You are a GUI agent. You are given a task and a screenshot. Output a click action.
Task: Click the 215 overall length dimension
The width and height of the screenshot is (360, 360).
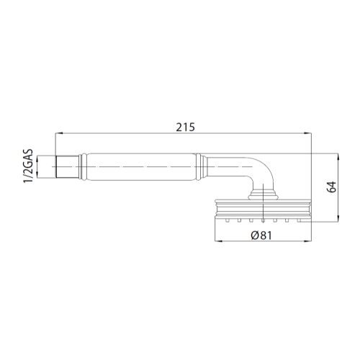[185, 127]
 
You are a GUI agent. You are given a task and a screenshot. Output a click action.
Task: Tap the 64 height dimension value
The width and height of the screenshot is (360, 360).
[331, 187]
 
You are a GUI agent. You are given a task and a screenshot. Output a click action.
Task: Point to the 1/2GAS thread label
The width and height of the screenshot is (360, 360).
[27, 167]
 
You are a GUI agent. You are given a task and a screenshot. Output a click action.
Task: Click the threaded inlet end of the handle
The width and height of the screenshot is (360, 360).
[66, 167]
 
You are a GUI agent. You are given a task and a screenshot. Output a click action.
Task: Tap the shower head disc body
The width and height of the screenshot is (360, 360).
[263, 209]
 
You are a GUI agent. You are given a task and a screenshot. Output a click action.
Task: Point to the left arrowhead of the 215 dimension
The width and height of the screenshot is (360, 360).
[58, 134]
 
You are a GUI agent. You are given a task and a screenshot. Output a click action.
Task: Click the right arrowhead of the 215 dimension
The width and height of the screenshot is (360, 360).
[310, 134]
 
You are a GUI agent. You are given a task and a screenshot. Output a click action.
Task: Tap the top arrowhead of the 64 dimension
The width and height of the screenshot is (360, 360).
[338, 155]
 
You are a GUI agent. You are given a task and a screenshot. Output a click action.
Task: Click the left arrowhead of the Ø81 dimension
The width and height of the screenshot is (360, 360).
[217, 241]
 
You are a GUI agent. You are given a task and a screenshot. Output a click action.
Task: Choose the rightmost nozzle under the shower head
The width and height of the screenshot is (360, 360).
[300, 221]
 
